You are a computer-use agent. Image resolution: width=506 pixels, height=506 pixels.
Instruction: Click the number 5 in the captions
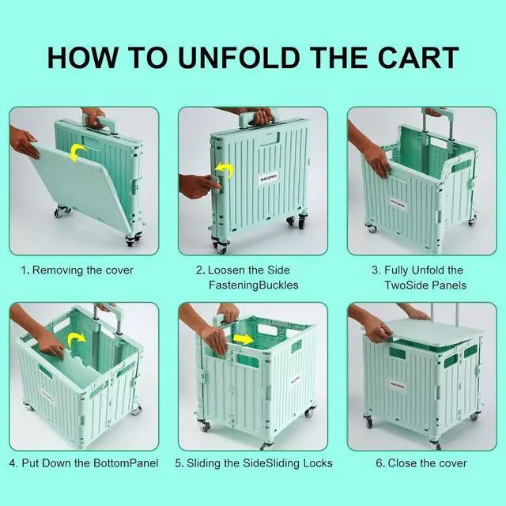point(179,463)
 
